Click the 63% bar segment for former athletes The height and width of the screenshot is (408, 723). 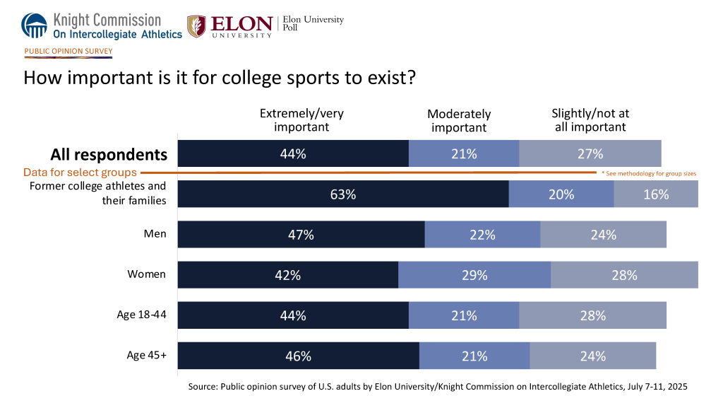click(343, 194)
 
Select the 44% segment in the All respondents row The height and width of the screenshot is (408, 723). click(293, 153)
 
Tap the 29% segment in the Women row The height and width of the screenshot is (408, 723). click(474, 275)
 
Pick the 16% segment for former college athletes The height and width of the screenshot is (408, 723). click(656, 194)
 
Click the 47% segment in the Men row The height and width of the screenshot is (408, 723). click(301, 235)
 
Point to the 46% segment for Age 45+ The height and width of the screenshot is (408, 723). click(298, 356)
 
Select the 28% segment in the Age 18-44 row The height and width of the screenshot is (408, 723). click(592, 315)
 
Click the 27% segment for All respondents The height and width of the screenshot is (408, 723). click(590, 153)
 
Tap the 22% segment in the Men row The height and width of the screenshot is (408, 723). click(482, 235)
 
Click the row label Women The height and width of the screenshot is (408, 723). click(146, 274)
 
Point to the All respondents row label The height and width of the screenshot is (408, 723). click(109, 155)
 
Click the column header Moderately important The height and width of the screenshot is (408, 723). click(459, 121)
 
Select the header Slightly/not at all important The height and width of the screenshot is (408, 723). click(590, 120)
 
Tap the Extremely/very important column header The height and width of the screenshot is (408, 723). click(301, 120)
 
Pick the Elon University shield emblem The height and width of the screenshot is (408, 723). click(196, 26)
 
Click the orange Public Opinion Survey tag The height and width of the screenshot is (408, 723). click(68, 52)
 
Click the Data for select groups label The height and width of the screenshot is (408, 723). click(80, 172)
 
